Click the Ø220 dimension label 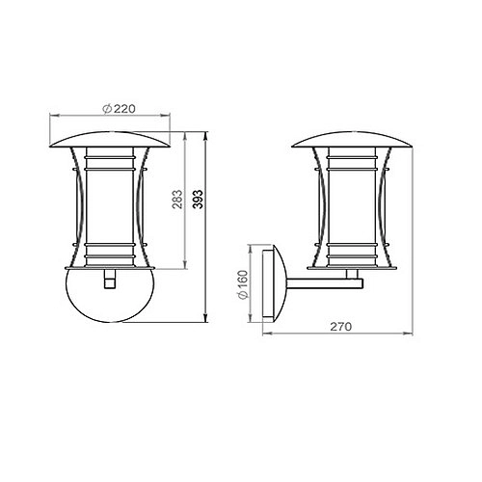pyautogui.click(x=117, y=109)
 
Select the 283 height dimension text pyautogui.click(x=178, y=200)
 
